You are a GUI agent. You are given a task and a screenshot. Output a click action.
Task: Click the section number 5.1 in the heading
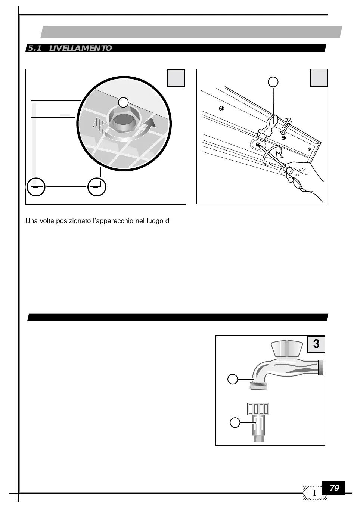click(34, 48)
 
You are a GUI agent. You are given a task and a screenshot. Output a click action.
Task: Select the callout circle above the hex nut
click(124, 102)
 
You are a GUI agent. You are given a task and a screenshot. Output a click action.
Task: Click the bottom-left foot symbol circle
click(36, 187)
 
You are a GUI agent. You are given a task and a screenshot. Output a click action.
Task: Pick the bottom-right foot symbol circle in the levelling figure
click(97, 187)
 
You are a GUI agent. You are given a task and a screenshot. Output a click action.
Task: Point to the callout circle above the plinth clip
click(274, 82)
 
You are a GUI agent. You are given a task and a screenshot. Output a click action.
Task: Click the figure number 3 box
click(316, 344)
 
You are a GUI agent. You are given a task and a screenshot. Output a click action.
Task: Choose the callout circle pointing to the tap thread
click(233, 380)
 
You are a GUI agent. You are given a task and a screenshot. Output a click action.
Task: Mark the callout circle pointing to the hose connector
click(235, 423)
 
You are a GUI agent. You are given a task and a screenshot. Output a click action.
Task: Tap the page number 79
click(334, 488)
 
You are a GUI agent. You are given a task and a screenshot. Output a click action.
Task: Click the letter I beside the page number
click(315, 493)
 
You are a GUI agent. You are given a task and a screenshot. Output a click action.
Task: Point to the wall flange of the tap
click(320, 367)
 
